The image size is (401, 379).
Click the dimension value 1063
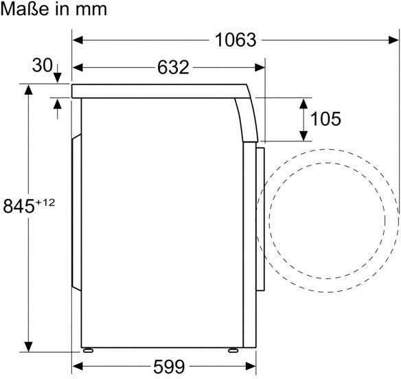pyautogui.click(x=236, y=40)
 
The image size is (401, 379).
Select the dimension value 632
pyautogui.click(x=173, y=67)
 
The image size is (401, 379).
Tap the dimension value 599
pyautogui.click(x=169, y=367)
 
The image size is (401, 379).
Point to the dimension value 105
pyautogui.click(x=325, y=119)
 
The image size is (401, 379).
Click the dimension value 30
pyautogui.click(x=42, y=65)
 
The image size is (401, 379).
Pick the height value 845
pyautogui.click(x=19, y=206)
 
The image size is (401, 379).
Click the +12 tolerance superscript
pyautogui.click(x=45, y=203)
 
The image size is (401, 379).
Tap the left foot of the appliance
pyautogui.click(x=88, y=350)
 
